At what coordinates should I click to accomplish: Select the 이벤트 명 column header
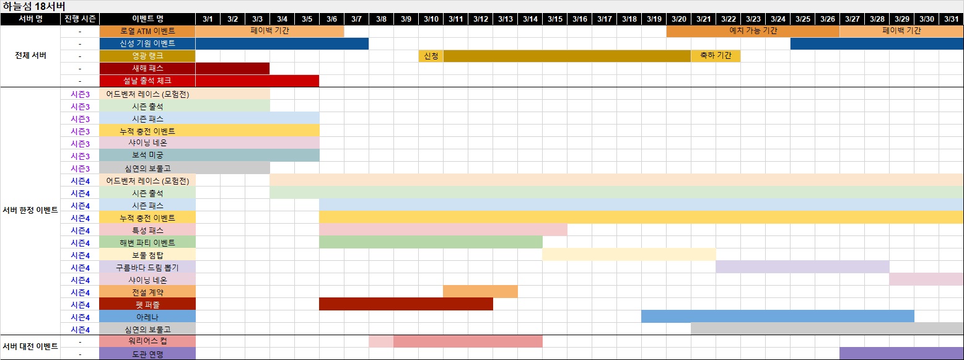147,19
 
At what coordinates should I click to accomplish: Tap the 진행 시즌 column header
80,19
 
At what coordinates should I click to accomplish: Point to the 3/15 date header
554,19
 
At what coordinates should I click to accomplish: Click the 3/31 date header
951,19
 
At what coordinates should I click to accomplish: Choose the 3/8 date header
381,19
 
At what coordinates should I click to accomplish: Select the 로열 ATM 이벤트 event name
147,31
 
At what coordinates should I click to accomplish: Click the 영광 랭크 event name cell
147,56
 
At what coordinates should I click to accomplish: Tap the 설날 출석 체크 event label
147,81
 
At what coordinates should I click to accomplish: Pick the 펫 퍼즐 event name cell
147,304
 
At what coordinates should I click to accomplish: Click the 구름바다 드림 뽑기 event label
147,267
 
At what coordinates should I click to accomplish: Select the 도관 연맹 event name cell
147,354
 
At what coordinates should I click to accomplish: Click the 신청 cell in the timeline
431,56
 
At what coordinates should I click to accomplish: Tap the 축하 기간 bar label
716,56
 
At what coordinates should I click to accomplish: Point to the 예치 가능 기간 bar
753,31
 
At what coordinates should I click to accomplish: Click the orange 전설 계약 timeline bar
480,292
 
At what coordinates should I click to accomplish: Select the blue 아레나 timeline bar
778,317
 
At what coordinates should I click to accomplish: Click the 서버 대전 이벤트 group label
30,346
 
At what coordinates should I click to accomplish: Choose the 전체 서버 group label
30,56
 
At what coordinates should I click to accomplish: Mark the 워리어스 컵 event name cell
147,341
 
